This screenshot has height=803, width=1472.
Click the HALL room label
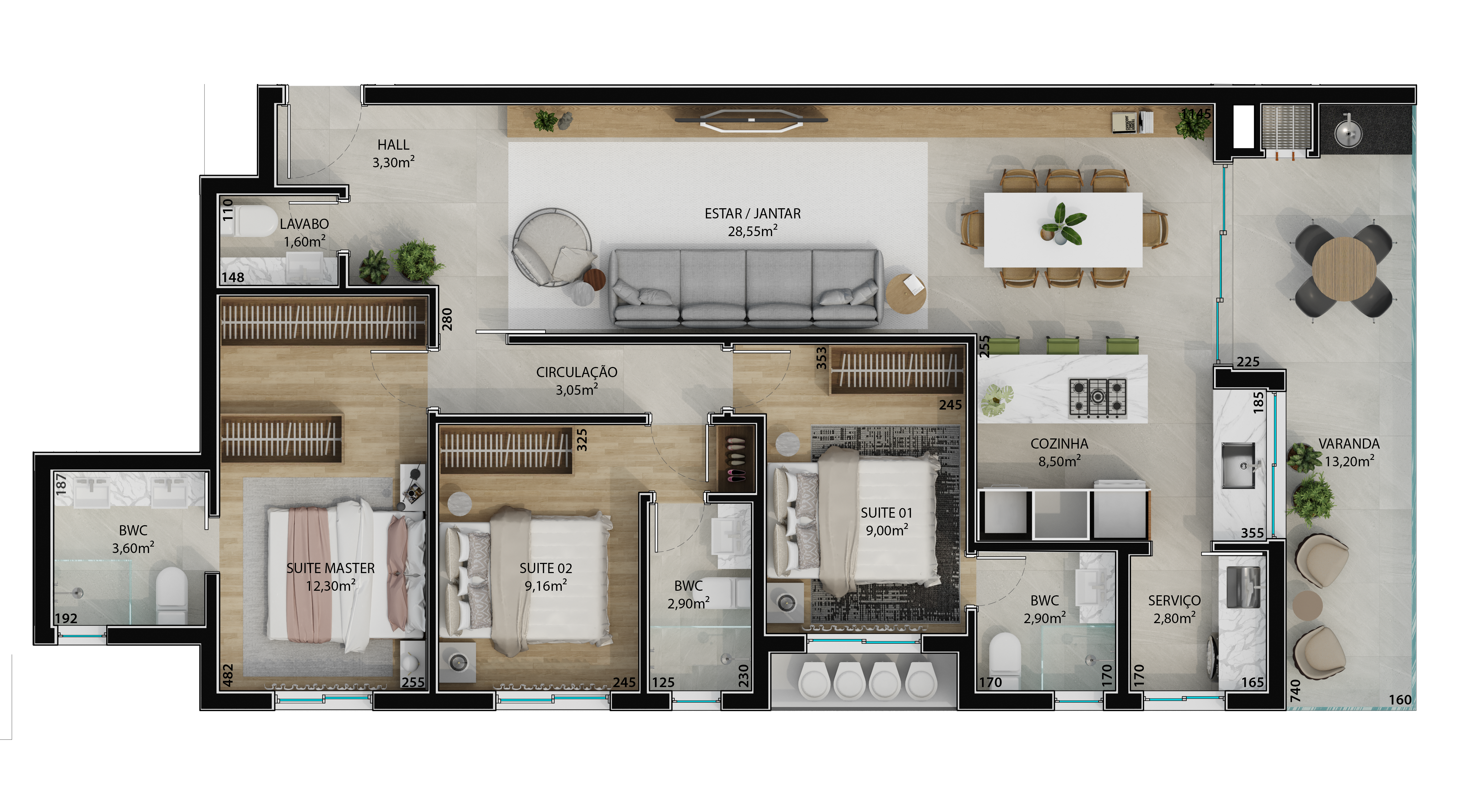[393, 145]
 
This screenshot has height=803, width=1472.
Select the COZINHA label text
[1059, 444]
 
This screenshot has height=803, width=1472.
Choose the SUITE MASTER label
[330, 568]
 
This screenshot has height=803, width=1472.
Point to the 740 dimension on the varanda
[1295, 690]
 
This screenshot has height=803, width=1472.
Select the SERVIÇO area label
[1174, 601]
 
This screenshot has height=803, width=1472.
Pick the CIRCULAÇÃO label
[576, 372]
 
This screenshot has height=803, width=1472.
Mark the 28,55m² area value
[752, 231]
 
